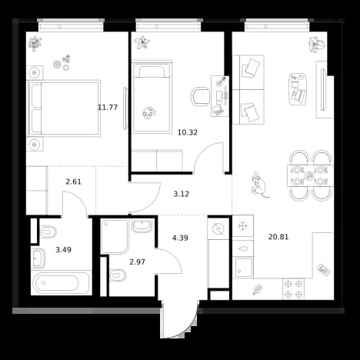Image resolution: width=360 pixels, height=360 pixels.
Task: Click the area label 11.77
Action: click(x=108, y=108)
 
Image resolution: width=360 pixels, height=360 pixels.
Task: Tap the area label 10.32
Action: click(x=188, y=132)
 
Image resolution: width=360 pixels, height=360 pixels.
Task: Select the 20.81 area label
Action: click(x=278, y=237)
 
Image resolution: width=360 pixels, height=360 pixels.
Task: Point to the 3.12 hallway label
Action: click(x=182, y=194)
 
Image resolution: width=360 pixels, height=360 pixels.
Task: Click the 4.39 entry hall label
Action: click(x=180, y=238)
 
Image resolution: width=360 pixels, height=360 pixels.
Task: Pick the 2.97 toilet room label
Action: click(x=137, y=262)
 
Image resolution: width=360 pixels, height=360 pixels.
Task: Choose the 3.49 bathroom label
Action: click(x=64, y=249)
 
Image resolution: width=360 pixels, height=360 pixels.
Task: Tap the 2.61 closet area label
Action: click(x=74, y=182)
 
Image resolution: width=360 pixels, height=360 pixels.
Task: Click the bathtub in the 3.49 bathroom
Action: click(x=60, y=283)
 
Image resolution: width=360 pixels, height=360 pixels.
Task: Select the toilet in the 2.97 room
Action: click(x=118, y=275)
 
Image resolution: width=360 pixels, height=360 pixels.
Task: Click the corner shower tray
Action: click(x=115, y=236)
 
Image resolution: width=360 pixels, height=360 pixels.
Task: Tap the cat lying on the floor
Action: click(x=259, y=185)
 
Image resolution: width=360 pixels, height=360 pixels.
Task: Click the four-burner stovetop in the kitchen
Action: click(x=293, y=289)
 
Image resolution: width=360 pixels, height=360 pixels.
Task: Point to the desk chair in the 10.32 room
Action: click(x=201, y=96)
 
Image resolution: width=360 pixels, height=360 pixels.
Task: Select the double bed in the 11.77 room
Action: click(x=64, y=108)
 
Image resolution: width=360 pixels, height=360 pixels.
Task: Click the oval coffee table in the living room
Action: click(x=298, y=89)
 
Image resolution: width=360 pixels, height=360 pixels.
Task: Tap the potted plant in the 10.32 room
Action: click(x=142, y=42)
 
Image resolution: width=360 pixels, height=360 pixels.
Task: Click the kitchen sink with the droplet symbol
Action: click(x=243, y=248)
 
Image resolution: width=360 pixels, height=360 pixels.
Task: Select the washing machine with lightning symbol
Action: click(x=218, y=228)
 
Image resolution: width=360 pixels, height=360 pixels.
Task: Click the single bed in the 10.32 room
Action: click(x=152, y=97)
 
